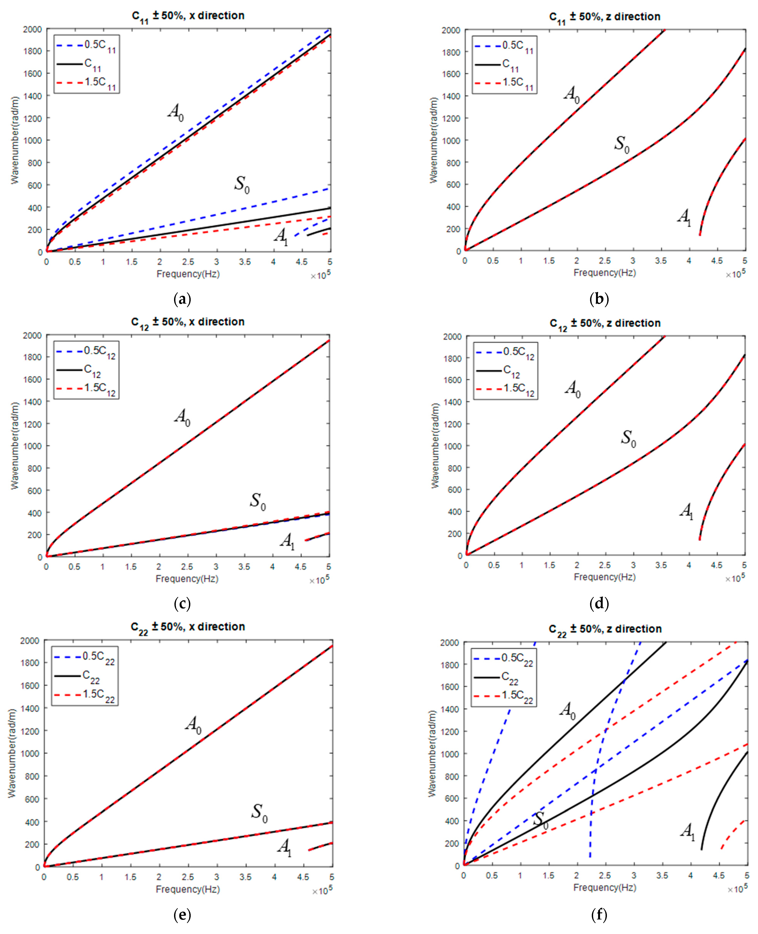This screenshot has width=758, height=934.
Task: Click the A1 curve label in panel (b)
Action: pyautogui.click(x=684, y=217)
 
